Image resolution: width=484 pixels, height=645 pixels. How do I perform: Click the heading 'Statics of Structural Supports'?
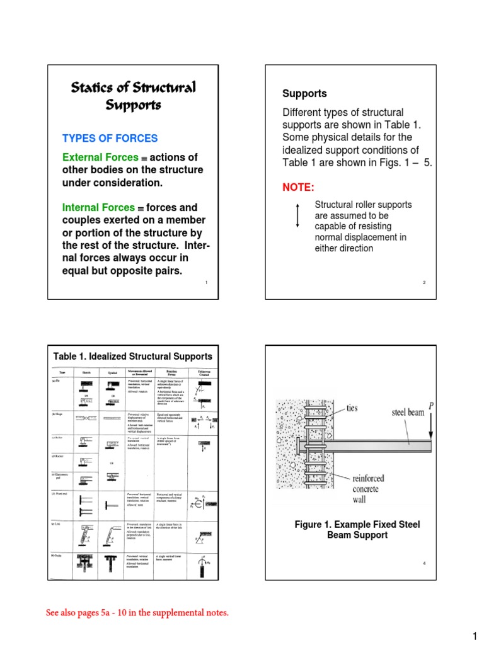coord(133,95)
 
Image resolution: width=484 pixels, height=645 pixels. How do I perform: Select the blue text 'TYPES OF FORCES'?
coord(110,139)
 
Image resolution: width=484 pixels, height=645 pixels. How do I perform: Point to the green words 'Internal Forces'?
coord(98,207)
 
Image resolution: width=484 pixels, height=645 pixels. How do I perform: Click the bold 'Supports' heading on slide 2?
coord(304,94)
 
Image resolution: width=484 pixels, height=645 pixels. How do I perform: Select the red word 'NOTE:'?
coord(297,188)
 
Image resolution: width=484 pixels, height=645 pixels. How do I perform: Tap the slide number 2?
coord(424,283)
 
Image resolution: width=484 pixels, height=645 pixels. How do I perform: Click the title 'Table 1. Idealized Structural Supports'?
coord(133,357)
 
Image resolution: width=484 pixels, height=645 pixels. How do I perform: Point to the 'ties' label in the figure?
coord(352,408)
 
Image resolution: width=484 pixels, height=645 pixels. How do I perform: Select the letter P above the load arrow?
coord(431,406)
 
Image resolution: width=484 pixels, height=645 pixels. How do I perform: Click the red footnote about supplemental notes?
coord(137,612)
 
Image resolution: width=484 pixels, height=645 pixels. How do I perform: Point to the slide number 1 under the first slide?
coord(206,283)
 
